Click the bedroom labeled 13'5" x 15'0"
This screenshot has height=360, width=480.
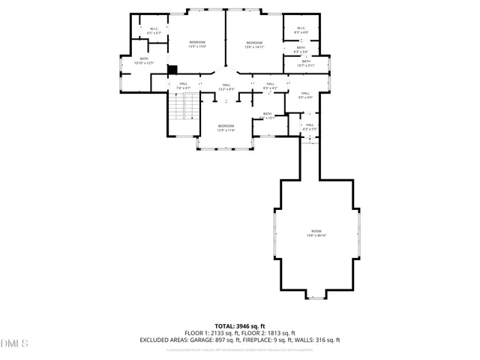pos(197,44)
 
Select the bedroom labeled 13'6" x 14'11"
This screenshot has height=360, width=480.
pos(253,45)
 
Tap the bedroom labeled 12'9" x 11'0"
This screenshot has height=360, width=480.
pos(226,127)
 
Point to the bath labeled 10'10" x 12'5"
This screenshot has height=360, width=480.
pos(144,61)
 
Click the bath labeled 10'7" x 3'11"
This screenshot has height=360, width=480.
pos(306,63)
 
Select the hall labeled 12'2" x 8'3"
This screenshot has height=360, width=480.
pos(226,87)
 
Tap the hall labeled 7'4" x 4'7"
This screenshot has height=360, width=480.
pos(184,86)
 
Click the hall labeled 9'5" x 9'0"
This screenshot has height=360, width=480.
pos(305,94)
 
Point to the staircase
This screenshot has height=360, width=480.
pos(184,108)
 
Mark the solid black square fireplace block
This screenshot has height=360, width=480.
pos(172,70)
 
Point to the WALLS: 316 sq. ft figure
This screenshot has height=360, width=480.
pos(319,340)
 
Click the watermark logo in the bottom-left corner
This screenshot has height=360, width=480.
pos(14,343)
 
